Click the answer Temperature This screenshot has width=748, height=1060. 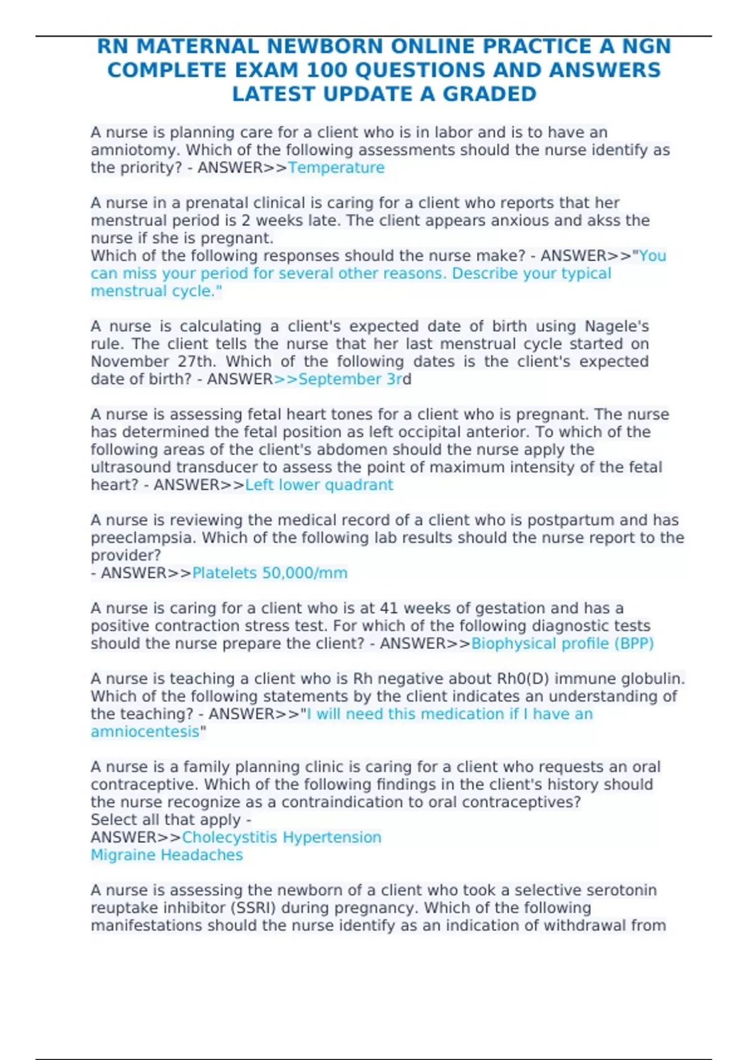pos(336,168)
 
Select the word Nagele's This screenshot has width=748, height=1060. pos(616,326)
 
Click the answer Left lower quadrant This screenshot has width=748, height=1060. pos(319,485)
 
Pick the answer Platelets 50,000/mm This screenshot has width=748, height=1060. pos(269,573)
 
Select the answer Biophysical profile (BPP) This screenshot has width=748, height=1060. pos(562,643)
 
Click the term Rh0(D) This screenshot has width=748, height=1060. pos(523,679)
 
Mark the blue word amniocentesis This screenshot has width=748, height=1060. pos(145,731)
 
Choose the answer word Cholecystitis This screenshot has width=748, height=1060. pos(229,837)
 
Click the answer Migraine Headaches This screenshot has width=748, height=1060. pos(166,855)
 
